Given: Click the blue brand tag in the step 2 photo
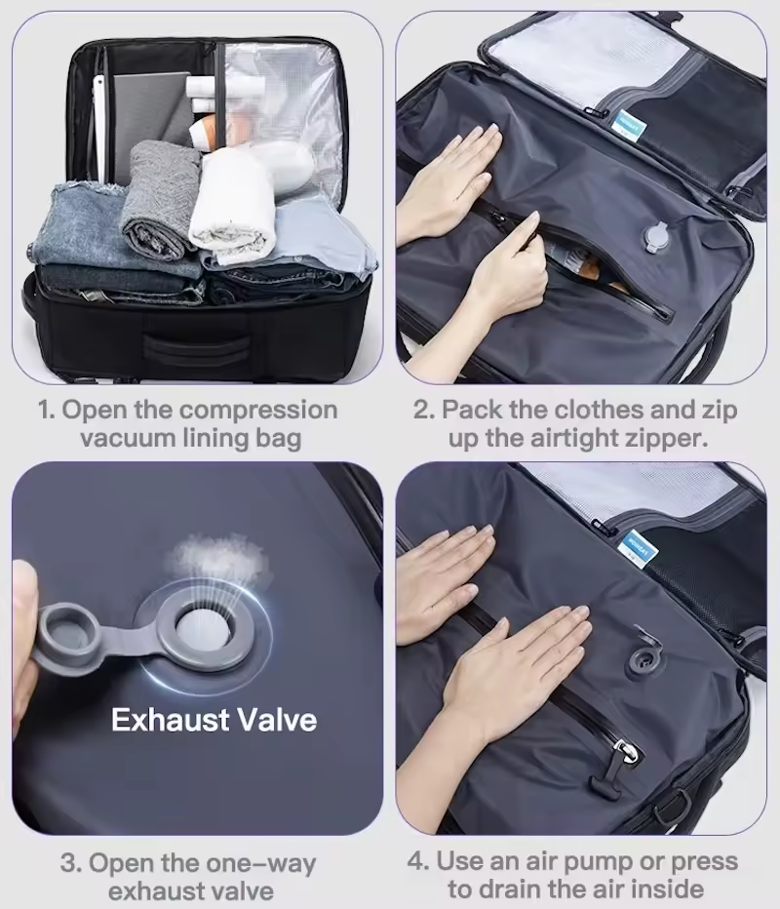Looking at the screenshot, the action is tap(628, 125).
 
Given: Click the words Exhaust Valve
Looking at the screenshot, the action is tap(214, 720).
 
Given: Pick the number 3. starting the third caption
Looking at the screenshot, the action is tap(71, 863).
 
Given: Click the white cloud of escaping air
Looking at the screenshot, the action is tap(219, 558).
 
